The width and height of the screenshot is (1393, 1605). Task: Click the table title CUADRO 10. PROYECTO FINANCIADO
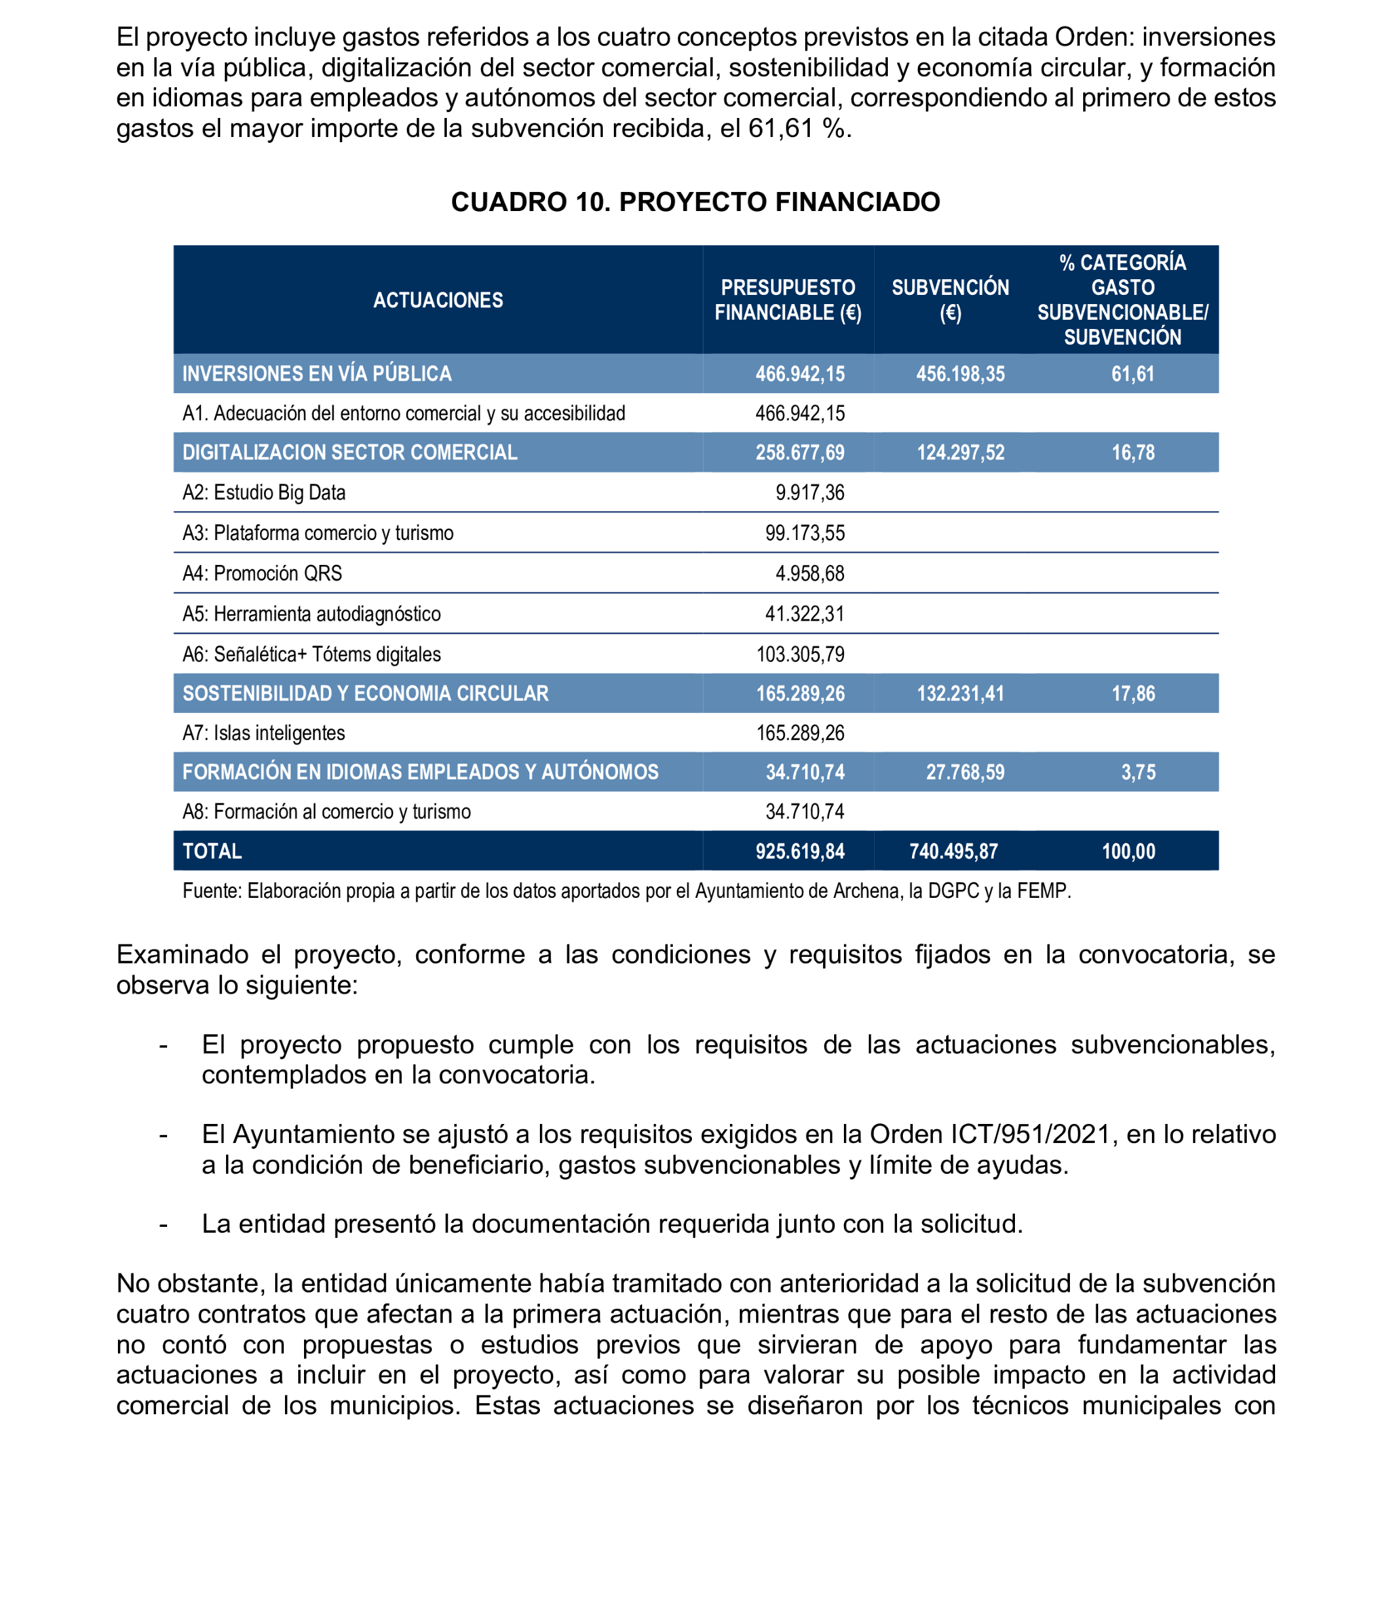coord(695,202)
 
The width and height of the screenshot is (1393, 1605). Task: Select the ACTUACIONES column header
coord(438,300)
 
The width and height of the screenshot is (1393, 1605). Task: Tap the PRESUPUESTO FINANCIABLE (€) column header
coord(788,300)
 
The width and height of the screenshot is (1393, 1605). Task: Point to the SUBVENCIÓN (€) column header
coord(950,300)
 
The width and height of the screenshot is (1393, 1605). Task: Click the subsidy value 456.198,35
coord(960,374)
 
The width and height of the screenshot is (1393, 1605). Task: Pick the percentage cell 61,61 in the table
coord(1133,374)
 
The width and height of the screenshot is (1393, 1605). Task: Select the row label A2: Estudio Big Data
coord(263,493)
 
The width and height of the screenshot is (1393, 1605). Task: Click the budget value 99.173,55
coord(805,533)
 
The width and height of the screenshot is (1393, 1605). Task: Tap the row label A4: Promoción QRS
coord(262,574)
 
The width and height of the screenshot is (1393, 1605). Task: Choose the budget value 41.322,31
coord(805,614)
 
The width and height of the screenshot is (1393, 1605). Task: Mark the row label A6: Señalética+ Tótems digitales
coord(311,655)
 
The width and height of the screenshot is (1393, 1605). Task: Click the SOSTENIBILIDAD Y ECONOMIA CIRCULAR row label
coord(366,693)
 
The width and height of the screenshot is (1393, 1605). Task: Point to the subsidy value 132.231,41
coord(960,693)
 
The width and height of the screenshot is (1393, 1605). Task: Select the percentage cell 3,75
coord(1138,772)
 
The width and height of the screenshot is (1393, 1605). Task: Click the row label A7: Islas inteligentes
coord(263,733)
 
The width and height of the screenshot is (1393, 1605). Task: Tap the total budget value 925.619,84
coord(800,851)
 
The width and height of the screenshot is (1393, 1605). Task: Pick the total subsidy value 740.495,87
coord(954,851)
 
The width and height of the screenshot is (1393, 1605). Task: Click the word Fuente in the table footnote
coord(211,891)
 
